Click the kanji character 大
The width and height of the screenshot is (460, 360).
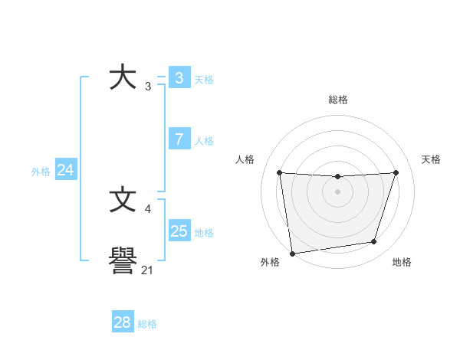click(x=123, y=78)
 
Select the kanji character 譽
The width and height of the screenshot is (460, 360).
click(x=123, y=263)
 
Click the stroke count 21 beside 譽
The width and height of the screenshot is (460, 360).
click(x=147, y=270)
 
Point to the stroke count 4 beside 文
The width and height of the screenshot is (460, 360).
click(x=147, y=208)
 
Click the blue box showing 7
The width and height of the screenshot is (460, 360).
click(x=179, y=139)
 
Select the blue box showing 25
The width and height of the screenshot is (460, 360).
click(x=179, y=231)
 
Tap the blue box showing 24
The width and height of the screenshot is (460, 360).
click(x=65, y=171)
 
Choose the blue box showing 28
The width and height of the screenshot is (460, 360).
click(x=122, y=322)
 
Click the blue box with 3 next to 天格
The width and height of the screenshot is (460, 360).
click(x=179, y=78)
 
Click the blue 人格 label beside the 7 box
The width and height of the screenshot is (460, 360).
click(x=204, y=141)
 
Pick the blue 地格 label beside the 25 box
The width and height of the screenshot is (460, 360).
click(x=204, y=233)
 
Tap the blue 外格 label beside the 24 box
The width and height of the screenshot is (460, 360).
click(x=41, y=172)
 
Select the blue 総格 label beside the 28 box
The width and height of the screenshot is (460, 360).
click(x=147, y=324)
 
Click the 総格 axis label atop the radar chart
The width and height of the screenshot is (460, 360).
click(x=337, y=100)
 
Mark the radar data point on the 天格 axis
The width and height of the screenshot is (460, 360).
click(x=396, y=172)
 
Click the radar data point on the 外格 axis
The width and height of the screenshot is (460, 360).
click(x=292, y=254)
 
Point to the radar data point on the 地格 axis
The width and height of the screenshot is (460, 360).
click(x=374, y=242)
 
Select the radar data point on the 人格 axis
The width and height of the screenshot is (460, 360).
click(x=279, y=172)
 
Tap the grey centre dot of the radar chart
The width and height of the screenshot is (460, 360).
click(x=337, y=191)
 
